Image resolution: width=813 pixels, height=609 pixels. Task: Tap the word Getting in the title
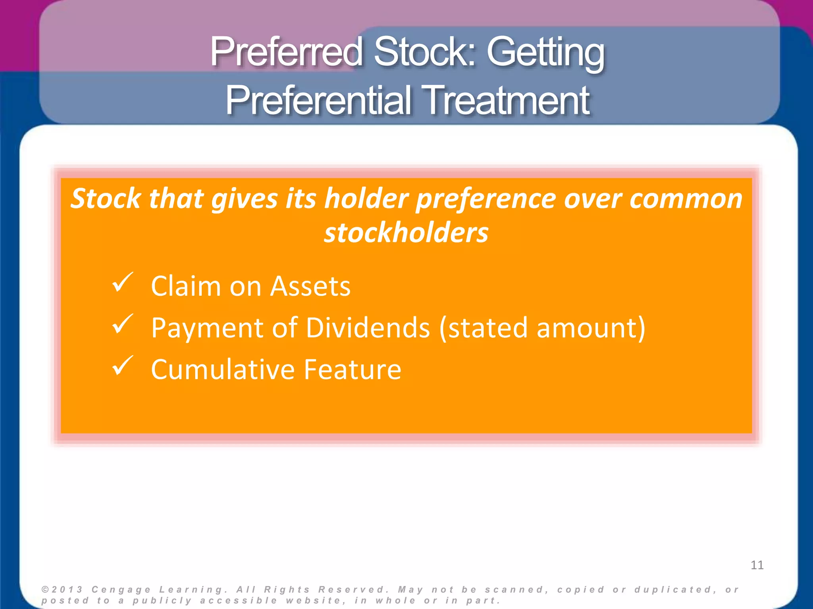click(x=545, y=52)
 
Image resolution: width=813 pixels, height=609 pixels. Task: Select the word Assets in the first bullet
click(x=310, y=286)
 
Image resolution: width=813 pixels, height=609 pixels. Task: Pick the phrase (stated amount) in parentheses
click(x=542, y=328)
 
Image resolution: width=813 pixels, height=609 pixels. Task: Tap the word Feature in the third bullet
click(x=353, y=369)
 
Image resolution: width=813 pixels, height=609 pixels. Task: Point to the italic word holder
click(x=366, y=198)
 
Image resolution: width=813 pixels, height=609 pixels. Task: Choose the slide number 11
click(x=757, y=565)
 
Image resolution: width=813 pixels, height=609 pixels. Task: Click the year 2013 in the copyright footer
click(x=67, y=590)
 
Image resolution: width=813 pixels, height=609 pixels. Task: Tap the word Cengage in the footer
click(x=121, y=590)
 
